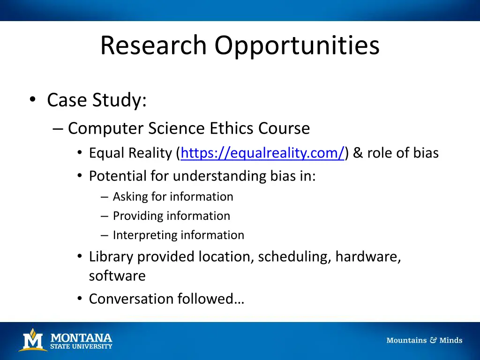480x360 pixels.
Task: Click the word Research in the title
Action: tap(153, 46)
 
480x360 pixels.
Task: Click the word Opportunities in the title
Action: tap(297, 46)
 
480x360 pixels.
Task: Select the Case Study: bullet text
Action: tap(97, 100)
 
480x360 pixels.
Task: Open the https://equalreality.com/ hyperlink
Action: tap(262, 153)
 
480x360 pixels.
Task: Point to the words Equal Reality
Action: tap(131, 153)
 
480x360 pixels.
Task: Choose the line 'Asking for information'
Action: tap(172, 196)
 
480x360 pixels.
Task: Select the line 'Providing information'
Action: tap(171, 216)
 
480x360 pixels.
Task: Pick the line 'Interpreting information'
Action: tap(178, 235)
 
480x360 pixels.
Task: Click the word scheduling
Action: tap(294, 256)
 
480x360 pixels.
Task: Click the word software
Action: tap(117, 276)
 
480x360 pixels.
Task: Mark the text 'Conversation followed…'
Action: tap(166, 299)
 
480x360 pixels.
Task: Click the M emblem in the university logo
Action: tap(32, 340)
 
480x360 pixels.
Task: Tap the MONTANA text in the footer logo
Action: tap(81, 337)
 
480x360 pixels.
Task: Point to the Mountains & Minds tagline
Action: tap(424, 340)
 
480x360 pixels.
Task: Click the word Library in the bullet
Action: tap(111, 256)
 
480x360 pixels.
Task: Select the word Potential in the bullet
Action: tap(118, 176)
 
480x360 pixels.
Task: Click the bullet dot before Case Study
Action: tap(32, 100)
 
